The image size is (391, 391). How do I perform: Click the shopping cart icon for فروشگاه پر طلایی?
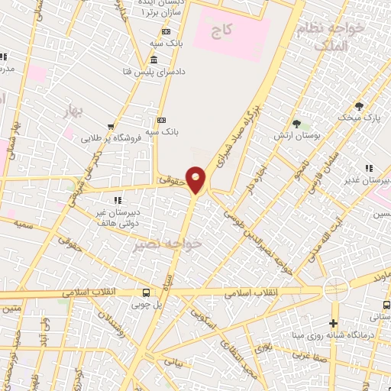pos(111,127)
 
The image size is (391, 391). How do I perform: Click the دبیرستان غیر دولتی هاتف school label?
pos(118,218)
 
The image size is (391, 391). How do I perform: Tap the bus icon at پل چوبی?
pos(145,292)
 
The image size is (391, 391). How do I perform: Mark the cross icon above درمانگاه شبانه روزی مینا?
pos(333,323)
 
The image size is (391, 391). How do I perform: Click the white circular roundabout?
pos(335,289)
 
